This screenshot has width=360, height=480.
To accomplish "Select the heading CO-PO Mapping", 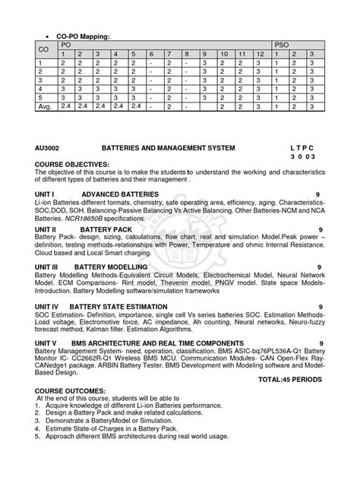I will pos(78,36).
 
